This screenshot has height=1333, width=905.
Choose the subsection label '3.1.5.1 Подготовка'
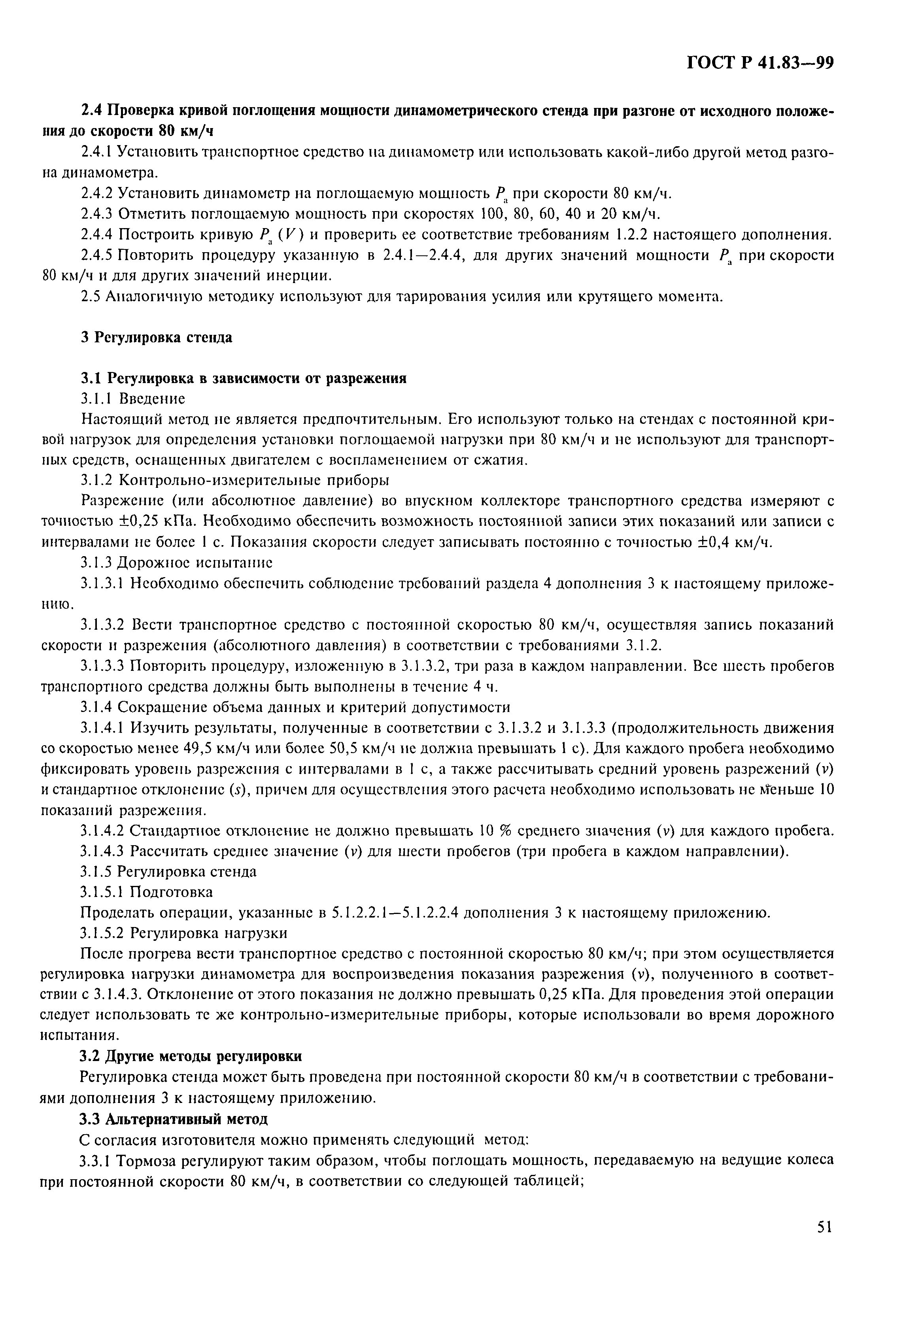point(146,892)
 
